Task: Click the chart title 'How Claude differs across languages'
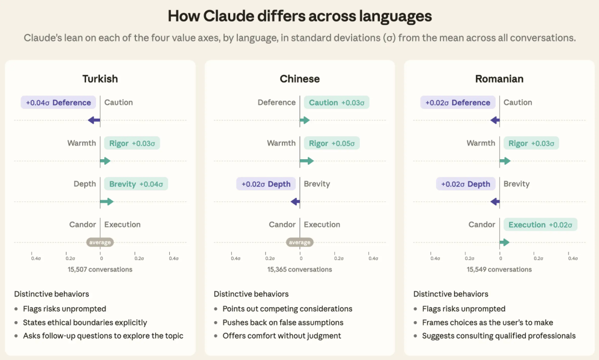coord(299,16)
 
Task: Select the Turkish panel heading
coord(100,79)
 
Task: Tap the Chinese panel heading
coord(299,79)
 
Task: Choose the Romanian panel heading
coord(499,79)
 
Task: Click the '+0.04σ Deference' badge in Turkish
coord(58,103)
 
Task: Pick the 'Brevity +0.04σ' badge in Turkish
coord(136,184)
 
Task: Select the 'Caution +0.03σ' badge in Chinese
coord(337,103)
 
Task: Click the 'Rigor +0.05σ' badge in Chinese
coord(332,143)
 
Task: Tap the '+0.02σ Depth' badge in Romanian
coord(466,184)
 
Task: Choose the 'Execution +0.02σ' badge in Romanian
coord(540,225)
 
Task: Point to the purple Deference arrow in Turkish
coord(94,120)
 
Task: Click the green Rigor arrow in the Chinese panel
coord(307,161)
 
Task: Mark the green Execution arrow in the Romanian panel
coord(505,242)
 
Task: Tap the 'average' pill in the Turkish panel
coord(100,242)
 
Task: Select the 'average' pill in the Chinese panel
coord(299,242)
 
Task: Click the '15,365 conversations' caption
coord(299,270)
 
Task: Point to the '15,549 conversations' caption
coord(499,270)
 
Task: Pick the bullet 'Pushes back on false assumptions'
coord(283,322)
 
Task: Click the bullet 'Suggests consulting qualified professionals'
coord(499,336)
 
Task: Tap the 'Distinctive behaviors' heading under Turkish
coord(52,294)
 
